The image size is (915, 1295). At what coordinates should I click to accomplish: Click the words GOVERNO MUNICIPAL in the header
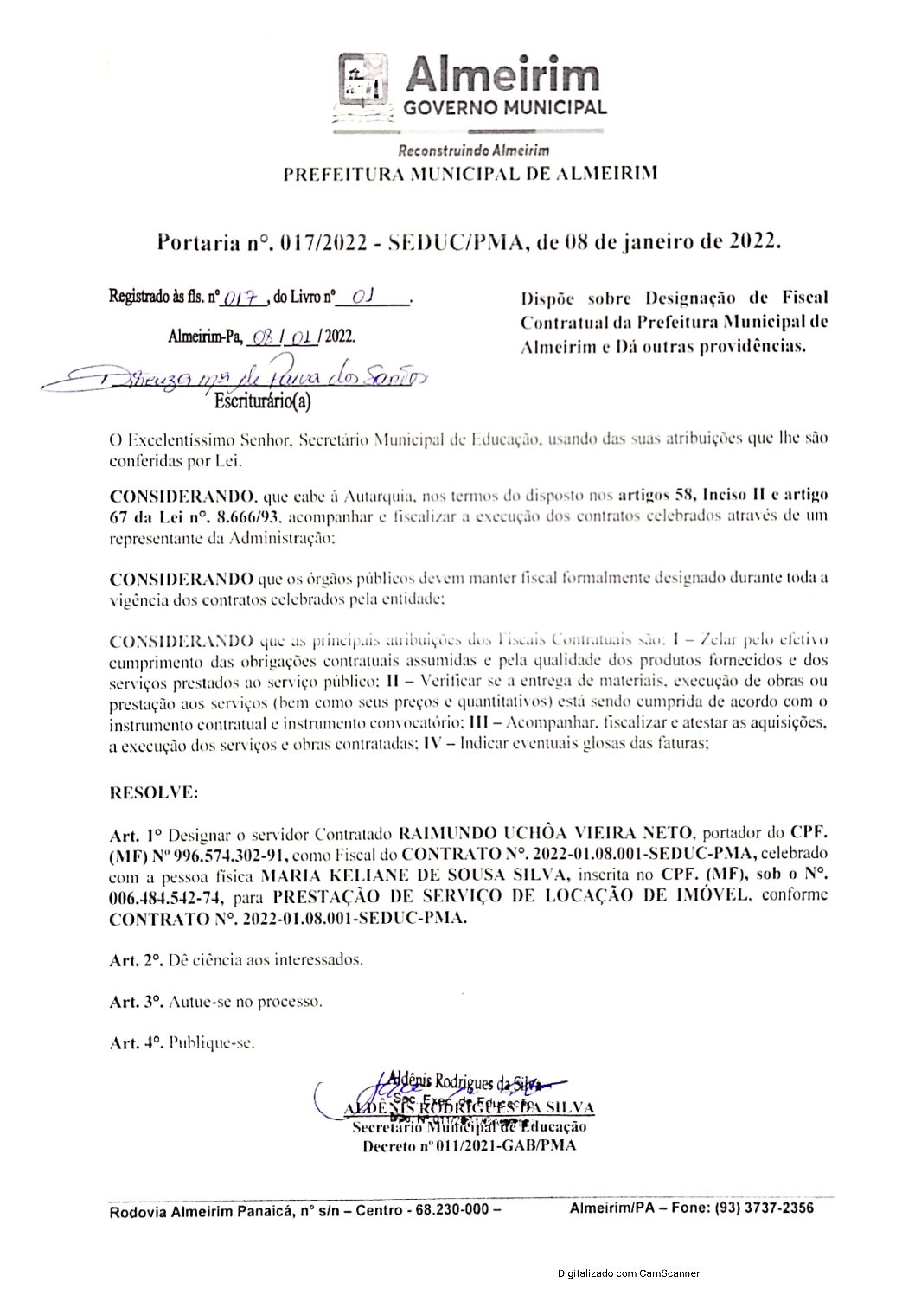[505, 108]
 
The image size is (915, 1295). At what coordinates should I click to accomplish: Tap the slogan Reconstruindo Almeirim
[473, 151]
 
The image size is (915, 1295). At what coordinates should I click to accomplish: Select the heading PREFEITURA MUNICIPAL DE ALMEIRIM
[470, 172]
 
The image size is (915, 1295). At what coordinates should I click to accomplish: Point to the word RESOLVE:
[141, 792]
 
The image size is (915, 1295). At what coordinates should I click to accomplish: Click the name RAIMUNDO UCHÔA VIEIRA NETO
[547, 834]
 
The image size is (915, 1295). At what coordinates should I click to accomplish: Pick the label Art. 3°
[136, 1002]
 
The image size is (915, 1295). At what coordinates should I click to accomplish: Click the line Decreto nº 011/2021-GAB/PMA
[469, 1146]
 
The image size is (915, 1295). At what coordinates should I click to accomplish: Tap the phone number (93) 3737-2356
[763, 1208]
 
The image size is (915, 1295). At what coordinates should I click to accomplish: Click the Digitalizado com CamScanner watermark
[629, 1273]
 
